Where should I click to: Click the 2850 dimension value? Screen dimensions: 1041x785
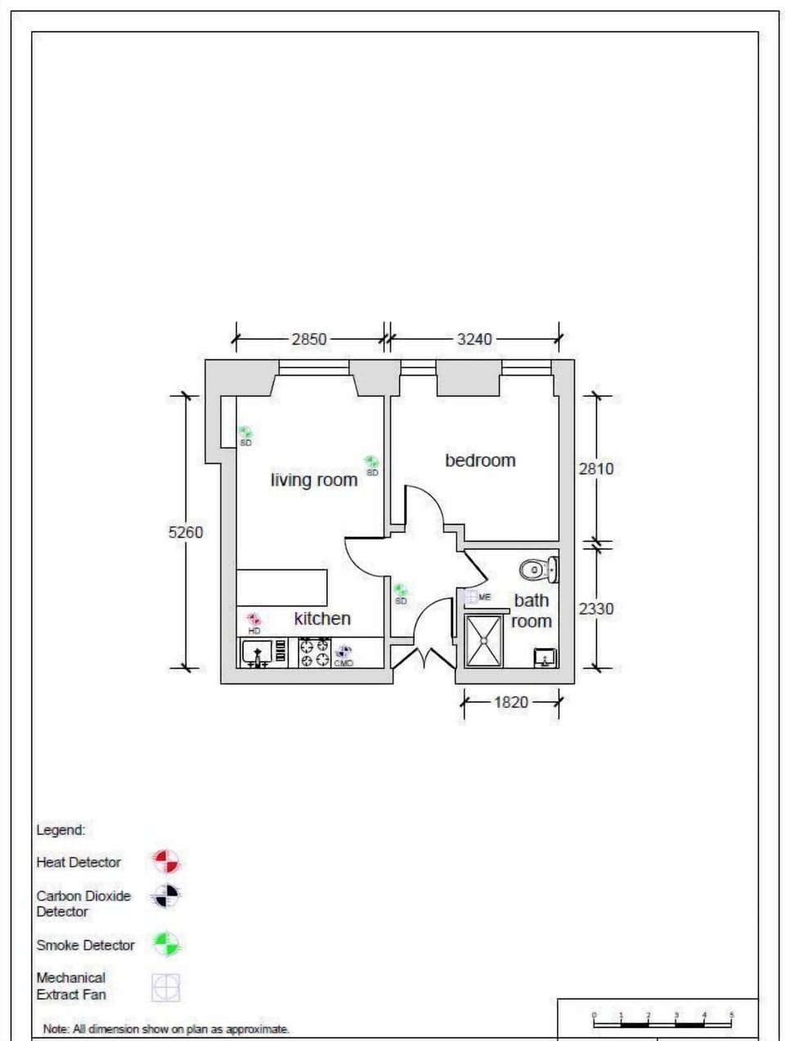pos(309,339)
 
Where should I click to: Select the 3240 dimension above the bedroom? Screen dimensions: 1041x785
pos(474,339)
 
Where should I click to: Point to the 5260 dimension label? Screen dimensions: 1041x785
pos(186,532)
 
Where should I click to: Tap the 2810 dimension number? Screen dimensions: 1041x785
pos(596,469)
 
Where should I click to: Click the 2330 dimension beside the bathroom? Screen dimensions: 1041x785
pos(596,609)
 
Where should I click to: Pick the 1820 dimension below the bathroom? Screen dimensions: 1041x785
pos(511,702)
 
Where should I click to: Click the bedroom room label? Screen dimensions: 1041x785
pos(480,461)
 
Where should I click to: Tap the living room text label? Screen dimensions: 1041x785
pos(314,480)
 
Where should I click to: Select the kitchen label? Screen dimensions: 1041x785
pos(322,619)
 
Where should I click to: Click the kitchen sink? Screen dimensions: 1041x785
pos(258,653)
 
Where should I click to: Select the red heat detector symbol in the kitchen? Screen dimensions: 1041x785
pos(253,620)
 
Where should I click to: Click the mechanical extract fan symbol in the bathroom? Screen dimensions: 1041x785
pos(471,597)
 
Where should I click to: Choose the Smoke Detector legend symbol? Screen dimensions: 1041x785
pos(166,944)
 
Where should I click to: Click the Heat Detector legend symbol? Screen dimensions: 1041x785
pos(166,861)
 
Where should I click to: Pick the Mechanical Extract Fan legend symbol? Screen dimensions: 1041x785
pos(165,987)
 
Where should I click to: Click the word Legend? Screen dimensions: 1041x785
pos(61,830)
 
